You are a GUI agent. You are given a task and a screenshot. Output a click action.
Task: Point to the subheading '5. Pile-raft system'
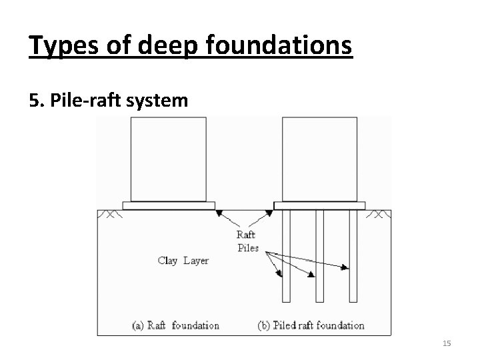pyautogui.click(x=109, y=101)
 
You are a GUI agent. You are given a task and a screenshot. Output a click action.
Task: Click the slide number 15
pyautogui.click(x=447, y=343)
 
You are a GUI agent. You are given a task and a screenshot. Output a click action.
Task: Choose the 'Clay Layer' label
pyautogui.click(x=183, y=260)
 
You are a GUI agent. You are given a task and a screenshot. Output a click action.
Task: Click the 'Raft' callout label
pyautogui.click(x=246, y=235)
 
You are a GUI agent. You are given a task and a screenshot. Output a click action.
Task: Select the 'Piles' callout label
pyautogui.click(x=247, y=248)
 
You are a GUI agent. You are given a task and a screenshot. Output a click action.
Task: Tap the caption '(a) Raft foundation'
pyautogui.click(x=176, y=325)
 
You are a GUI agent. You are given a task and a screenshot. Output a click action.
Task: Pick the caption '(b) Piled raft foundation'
pyautogui.click(x=311, y=325)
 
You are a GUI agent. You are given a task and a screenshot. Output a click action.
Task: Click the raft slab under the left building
pyautogui.click(x=169, y=206)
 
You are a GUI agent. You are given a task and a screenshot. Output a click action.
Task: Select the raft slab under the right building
pyautogui.click(x=319, y=206)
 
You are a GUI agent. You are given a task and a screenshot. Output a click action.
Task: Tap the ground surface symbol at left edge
pyautogui.click(x=107, y=215)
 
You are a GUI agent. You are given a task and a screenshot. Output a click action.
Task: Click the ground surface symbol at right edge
pyautogui.click(x=380, y=215)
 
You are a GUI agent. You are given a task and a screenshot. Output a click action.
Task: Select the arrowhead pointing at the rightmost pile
pyautogui.click(x=345, y=268)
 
